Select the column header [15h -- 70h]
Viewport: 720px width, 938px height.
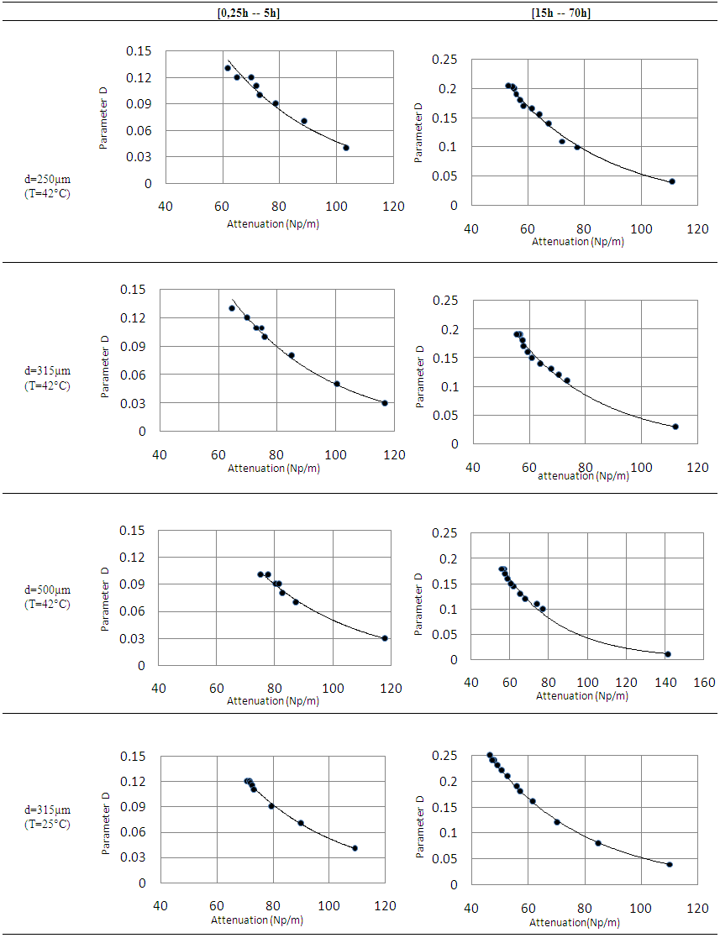(x=560, y=13)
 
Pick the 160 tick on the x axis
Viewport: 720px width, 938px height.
(x=705, y=683)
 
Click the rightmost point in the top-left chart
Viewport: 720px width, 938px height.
(x=345, y=148)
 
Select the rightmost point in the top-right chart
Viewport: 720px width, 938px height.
(x=672, y=181)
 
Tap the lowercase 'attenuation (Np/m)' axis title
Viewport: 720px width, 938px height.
(x=583, y=475)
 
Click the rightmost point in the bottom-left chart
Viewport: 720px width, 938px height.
(x=355, y=848)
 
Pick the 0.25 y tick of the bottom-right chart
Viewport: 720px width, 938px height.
(x=444, y=757)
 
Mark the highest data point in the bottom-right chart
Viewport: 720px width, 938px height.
(x=490, y=755)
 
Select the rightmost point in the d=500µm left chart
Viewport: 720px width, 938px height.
(x=385, y=638)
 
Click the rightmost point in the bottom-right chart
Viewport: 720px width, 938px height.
(x=670, y=864)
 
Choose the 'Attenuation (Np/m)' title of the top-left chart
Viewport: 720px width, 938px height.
(x=273, y=223)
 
